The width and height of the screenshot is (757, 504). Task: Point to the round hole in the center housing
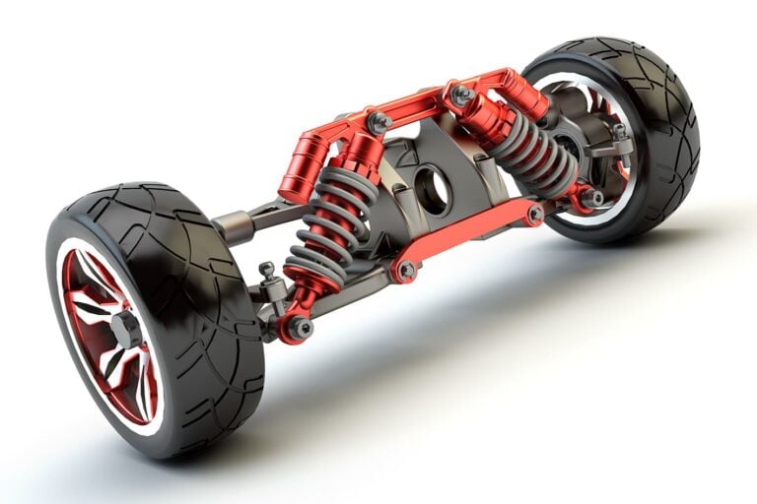[x=432, y=190]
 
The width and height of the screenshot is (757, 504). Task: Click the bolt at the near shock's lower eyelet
[x=298, y=328]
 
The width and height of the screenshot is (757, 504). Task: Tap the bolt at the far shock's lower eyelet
[x=591, y=198]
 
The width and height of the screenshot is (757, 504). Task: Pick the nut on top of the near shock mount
[x=378, y=122]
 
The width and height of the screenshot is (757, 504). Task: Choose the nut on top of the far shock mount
[x=459, y=95]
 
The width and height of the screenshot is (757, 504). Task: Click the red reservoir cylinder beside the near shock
[x=301, y=169]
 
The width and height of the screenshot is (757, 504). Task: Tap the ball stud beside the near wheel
[x=267, y=271]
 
